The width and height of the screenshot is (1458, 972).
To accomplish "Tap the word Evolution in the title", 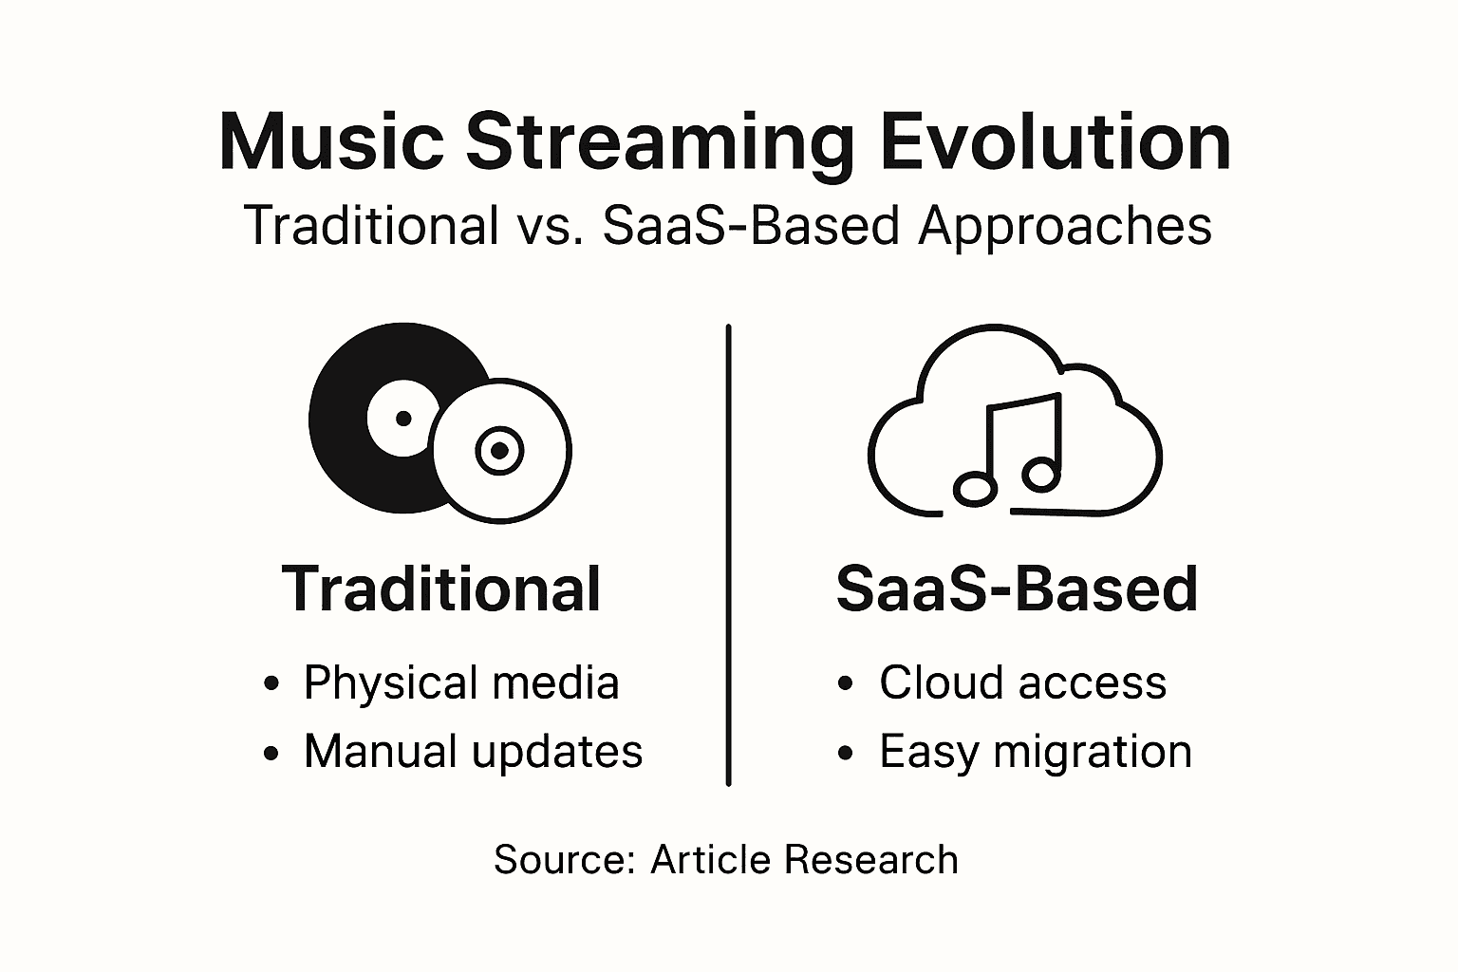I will [1055, 142].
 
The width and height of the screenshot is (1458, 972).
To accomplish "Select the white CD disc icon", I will [500, 450].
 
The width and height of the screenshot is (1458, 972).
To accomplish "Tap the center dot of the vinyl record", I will [403, 418].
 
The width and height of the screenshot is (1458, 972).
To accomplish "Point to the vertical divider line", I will [728, 555].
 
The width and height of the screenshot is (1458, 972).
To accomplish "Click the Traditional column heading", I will [441, 589].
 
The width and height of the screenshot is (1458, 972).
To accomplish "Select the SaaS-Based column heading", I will [1017, 589].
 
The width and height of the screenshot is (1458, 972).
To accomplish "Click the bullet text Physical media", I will [461, 682].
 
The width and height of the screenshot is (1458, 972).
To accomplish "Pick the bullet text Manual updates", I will [473, 751].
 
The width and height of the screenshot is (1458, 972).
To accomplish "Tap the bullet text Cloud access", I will [1022, 682].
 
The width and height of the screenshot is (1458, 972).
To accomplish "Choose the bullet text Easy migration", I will [1035, 752].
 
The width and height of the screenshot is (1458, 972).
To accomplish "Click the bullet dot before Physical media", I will [272, 683].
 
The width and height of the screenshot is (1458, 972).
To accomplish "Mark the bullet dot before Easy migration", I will [847, 754].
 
